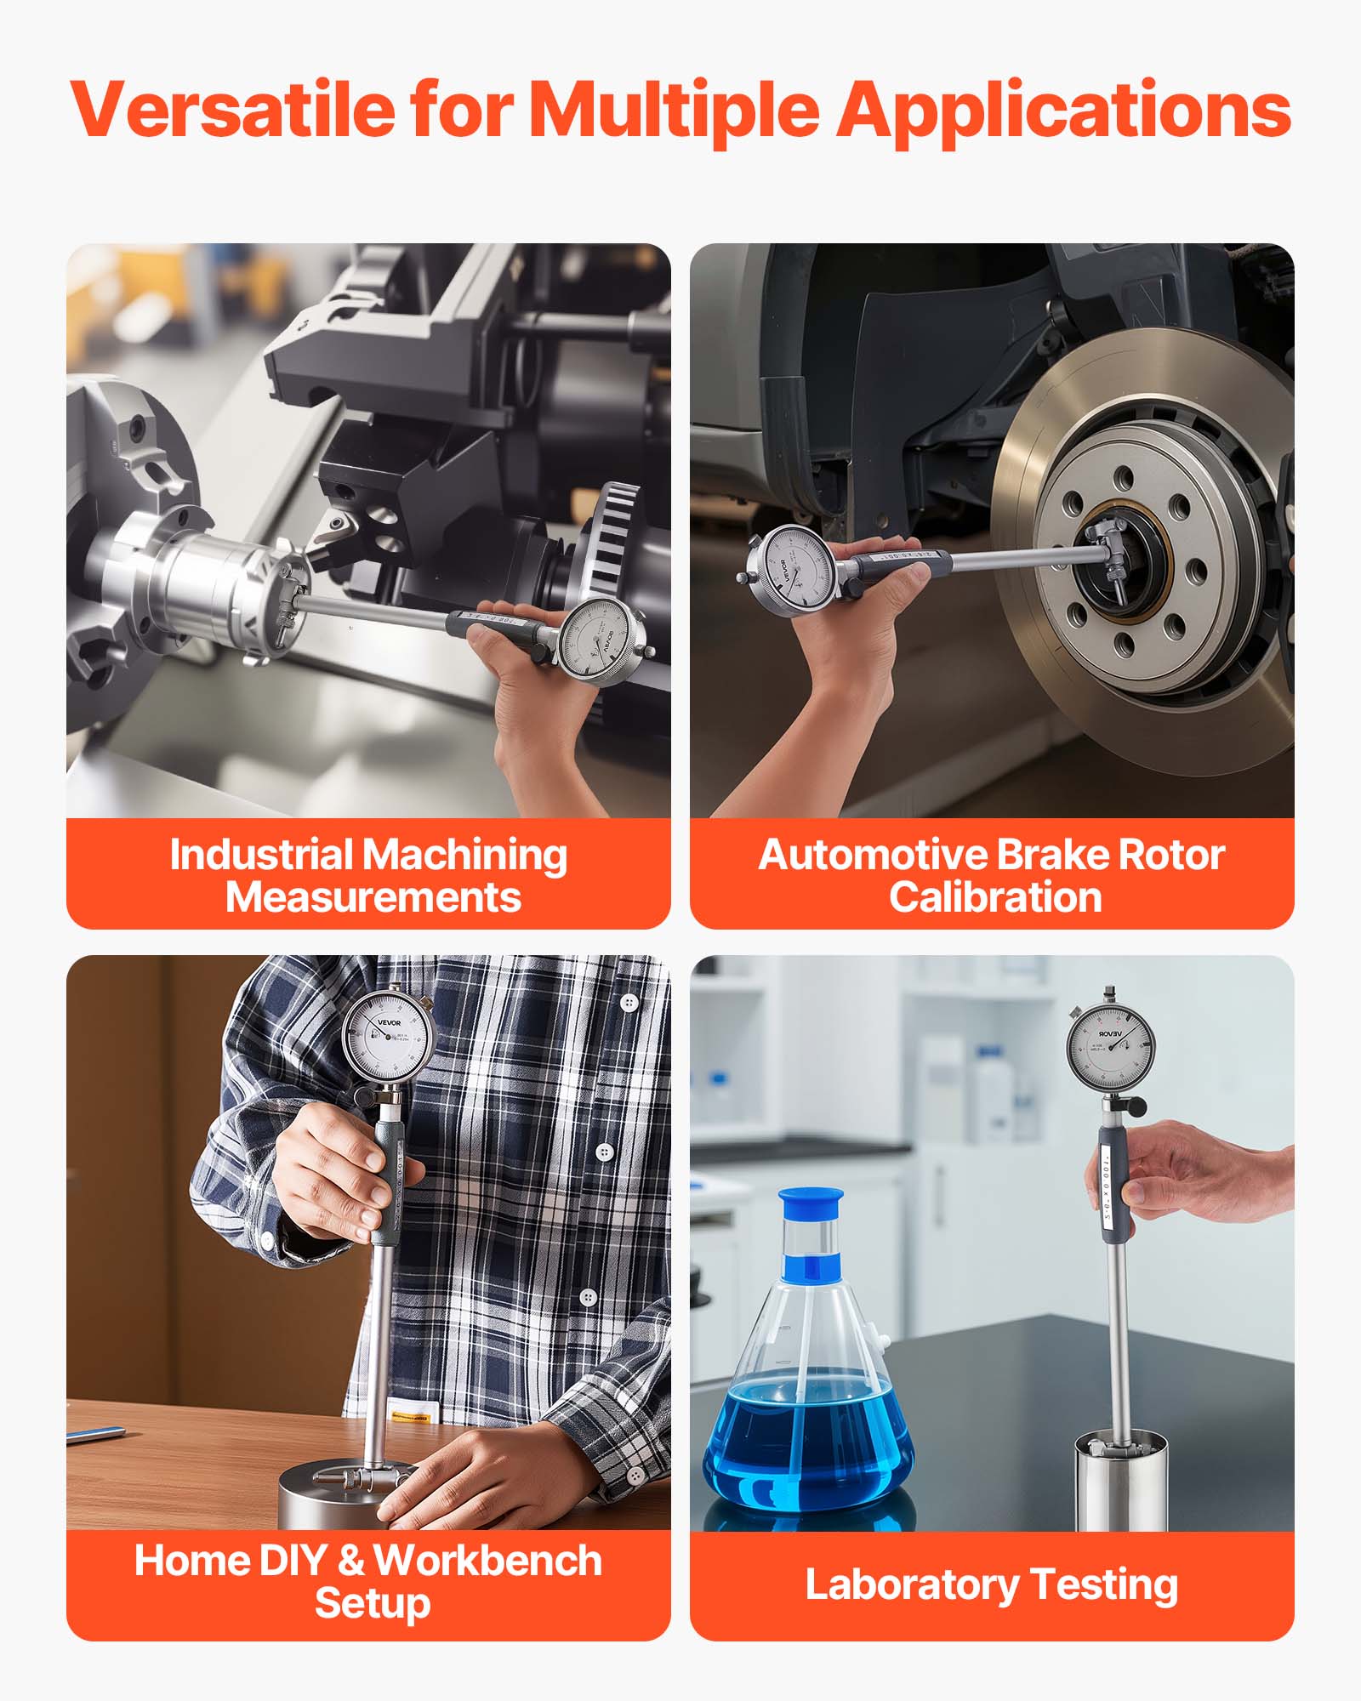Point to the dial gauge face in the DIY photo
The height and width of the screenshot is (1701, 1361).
point(387,1037)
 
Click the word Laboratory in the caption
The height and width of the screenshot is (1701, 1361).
point(912,1585)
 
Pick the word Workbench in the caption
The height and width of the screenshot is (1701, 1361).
point(487,1562)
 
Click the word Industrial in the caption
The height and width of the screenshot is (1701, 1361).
point(261,855)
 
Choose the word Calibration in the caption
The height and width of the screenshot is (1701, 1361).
point(995,897)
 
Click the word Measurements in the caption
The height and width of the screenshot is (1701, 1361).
point(373,897)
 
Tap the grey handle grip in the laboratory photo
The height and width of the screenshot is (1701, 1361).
point(1113,1182)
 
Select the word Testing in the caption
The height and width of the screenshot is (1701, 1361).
point(1104,1585)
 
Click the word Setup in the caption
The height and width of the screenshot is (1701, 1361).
point(373,1604)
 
